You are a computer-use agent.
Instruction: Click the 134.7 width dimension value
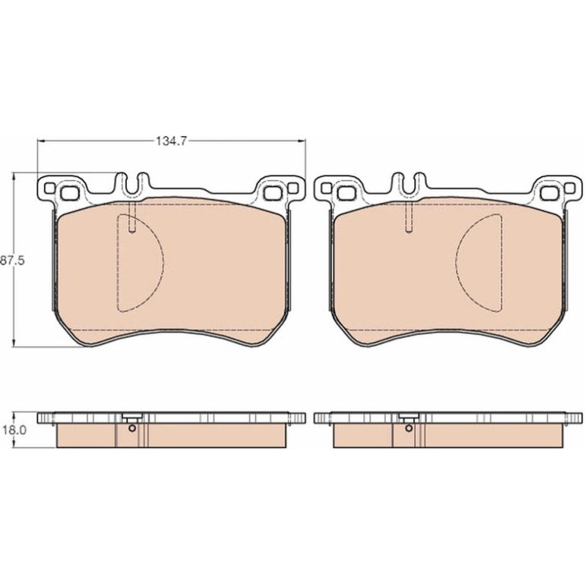click(171, 141)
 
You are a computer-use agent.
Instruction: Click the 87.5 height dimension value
click(12, 261)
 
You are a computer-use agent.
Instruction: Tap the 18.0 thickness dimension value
click(14, 430)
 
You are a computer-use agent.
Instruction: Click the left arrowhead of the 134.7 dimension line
click(41, 141)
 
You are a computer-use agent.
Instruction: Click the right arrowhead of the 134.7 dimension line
click(302, 141)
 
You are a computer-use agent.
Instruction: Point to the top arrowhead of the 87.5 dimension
click(14, 175)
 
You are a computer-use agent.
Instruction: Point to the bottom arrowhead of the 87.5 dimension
click(14, 343)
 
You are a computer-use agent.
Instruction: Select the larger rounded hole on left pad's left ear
click(68, 193)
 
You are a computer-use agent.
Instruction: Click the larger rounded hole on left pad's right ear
click(272, 193)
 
